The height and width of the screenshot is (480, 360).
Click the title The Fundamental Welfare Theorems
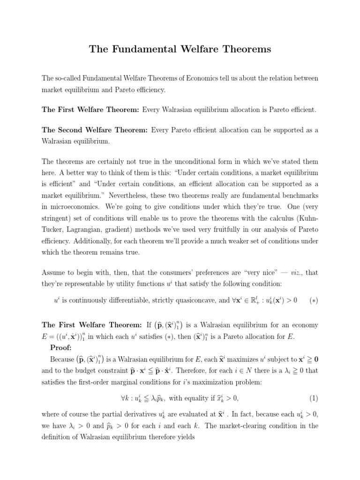(x=180, y=49)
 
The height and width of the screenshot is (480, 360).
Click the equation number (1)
(x=313, y=398)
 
